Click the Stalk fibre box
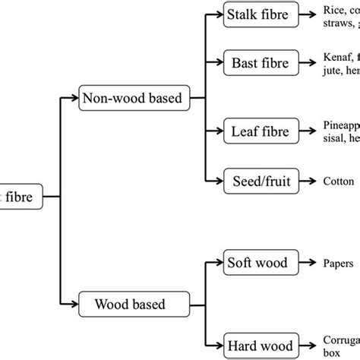click(257, 15)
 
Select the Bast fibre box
click(257, 63)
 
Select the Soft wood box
click(257, 264)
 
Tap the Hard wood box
click(257, 347)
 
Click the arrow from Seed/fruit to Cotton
click(306, 182)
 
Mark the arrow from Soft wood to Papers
click(307, 264)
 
